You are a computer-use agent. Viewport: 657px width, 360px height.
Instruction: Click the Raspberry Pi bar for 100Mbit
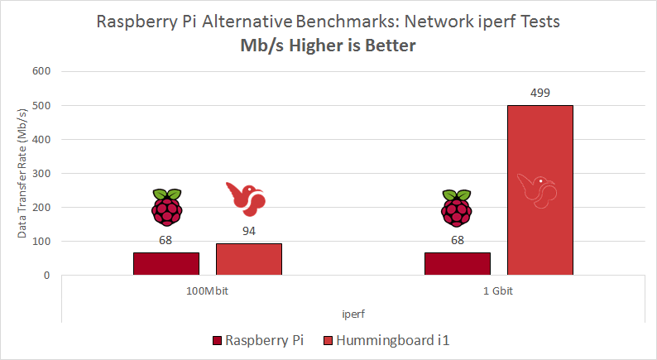(x=166, y=263)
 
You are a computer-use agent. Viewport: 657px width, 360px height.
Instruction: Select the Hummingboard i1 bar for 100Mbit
(x=248, y=258)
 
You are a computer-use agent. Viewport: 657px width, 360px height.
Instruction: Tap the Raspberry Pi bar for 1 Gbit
(x=457, y=263)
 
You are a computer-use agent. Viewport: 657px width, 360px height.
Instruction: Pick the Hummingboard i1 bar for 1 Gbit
(x=540, y=190)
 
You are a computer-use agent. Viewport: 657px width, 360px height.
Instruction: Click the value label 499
(x=540, y=93)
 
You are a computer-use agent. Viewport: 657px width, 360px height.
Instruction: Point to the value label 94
(x=249, y=231)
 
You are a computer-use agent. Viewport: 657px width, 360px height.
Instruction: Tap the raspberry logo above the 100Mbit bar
(x=166, y=207)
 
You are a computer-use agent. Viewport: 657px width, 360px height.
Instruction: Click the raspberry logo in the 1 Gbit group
(x=457, y=207)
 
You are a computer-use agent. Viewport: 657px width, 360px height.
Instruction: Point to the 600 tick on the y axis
(x=41, y=71)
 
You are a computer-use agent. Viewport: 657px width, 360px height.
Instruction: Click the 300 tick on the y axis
(x=41, y=174)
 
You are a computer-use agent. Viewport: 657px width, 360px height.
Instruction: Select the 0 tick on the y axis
(x=47, y=276)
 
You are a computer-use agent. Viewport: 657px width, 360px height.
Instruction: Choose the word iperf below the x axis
(x=353, y=314)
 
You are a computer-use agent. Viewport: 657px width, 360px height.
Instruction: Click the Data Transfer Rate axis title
(x=22, y=174)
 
